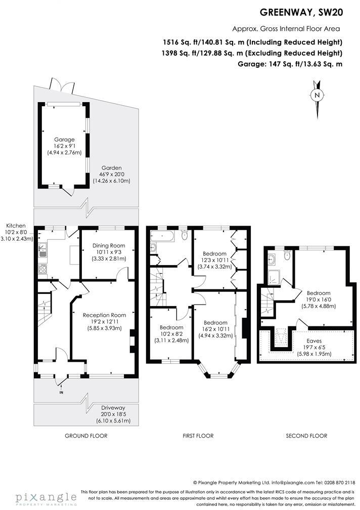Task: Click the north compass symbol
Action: [317, 95]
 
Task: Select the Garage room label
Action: [64, 140]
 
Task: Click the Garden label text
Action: [111, 168]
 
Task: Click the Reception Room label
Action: [104, 315]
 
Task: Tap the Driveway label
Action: [112, 408]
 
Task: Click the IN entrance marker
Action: [61, 393]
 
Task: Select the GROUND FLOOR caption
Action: [86, 436]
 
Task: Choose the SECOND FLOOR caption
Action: [306, 436]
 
